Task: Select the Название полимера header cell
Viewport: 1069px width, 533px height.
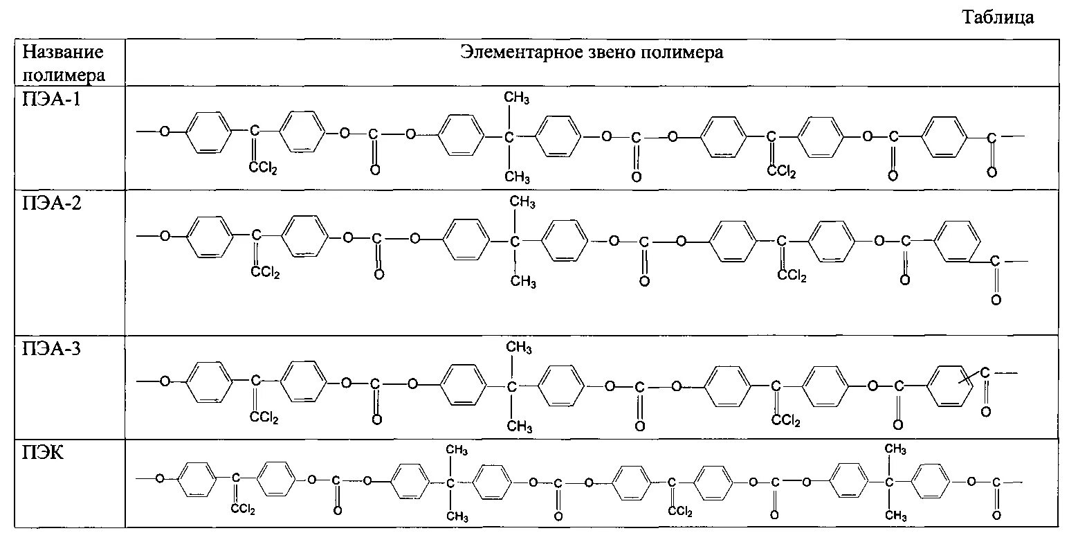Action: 64,63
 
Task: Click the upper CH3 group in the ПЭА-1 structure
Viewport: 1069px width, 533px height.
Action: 517,100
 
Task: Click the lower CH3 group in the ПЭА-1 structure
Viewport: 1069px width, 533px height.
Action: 517,177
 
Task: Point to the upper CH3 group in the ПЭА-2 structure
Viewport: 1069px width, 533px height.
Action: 522,203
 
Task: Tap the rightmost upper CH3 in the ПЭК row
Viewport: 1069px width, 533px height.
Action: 896,450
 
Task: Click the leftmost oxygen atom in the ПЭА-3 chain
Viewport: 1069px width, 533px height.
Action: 165,381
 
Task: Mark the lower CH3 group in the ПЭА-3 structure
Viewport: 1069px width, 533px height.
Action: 520,426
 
